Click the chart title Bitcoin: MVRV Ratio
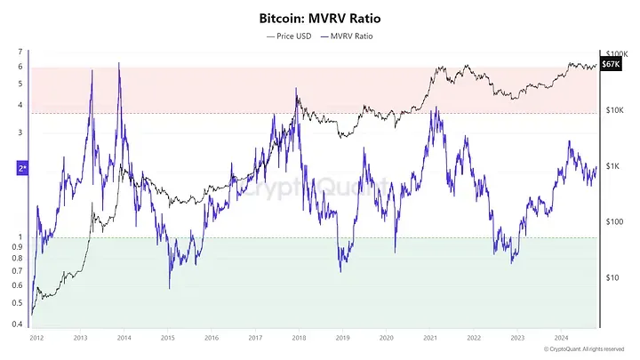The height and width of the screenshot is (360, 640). pyautogui.click(x=319, y=17)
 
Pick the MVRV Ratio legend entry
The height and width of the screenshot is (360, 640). pyautogui.click(x=348, y=36)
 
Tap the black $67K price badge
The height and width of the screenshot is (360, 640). pyautogui.click(x=611, y=65)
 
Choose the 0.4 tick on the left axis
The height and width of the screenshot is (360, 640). pyautogui.click(x=19, y=324)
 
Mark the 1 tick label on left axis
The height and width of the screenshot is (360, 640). pyautogui.click(x=20, y=237)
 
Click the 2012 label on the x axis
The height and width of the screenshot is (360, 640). pyautogui.click(x=36, y=339)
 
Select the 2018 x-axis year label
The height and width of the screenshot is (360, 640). pyautogui.click(x=298, y=339)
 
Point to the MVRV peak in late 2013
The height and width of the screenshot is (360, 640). pyautogui.click(x=119, y=63)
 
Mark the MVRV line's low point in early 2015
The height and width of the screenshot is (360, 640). pyautogui.click(x=169, y=287)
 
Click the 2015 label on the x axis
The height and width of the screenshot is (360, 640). pyautogui.click(x=167, y=339)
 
